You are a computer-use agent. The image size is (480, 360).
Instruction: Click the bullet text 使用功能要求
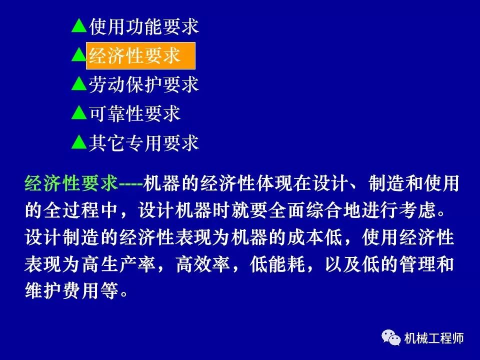(144, 26)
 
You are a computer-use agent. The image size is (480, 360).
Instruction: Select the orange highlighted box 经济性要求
(140, 55)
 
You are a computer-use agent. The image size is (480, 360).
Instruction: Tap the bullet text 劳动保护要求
(144, 84)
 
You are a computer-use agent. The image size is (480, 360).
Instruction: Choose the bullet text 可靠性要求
(134, 114)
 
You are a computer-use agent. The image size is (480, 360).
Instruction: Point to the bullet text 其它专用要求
(144, 143)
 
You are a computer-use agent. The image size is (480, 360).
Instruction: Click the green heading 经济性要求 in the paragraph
(71, 184)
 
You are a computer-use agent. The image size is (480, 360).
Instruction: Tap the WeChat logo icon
(391, 338)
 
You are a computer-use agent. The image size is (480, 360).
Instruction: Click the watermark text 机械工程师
(434, 339)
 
